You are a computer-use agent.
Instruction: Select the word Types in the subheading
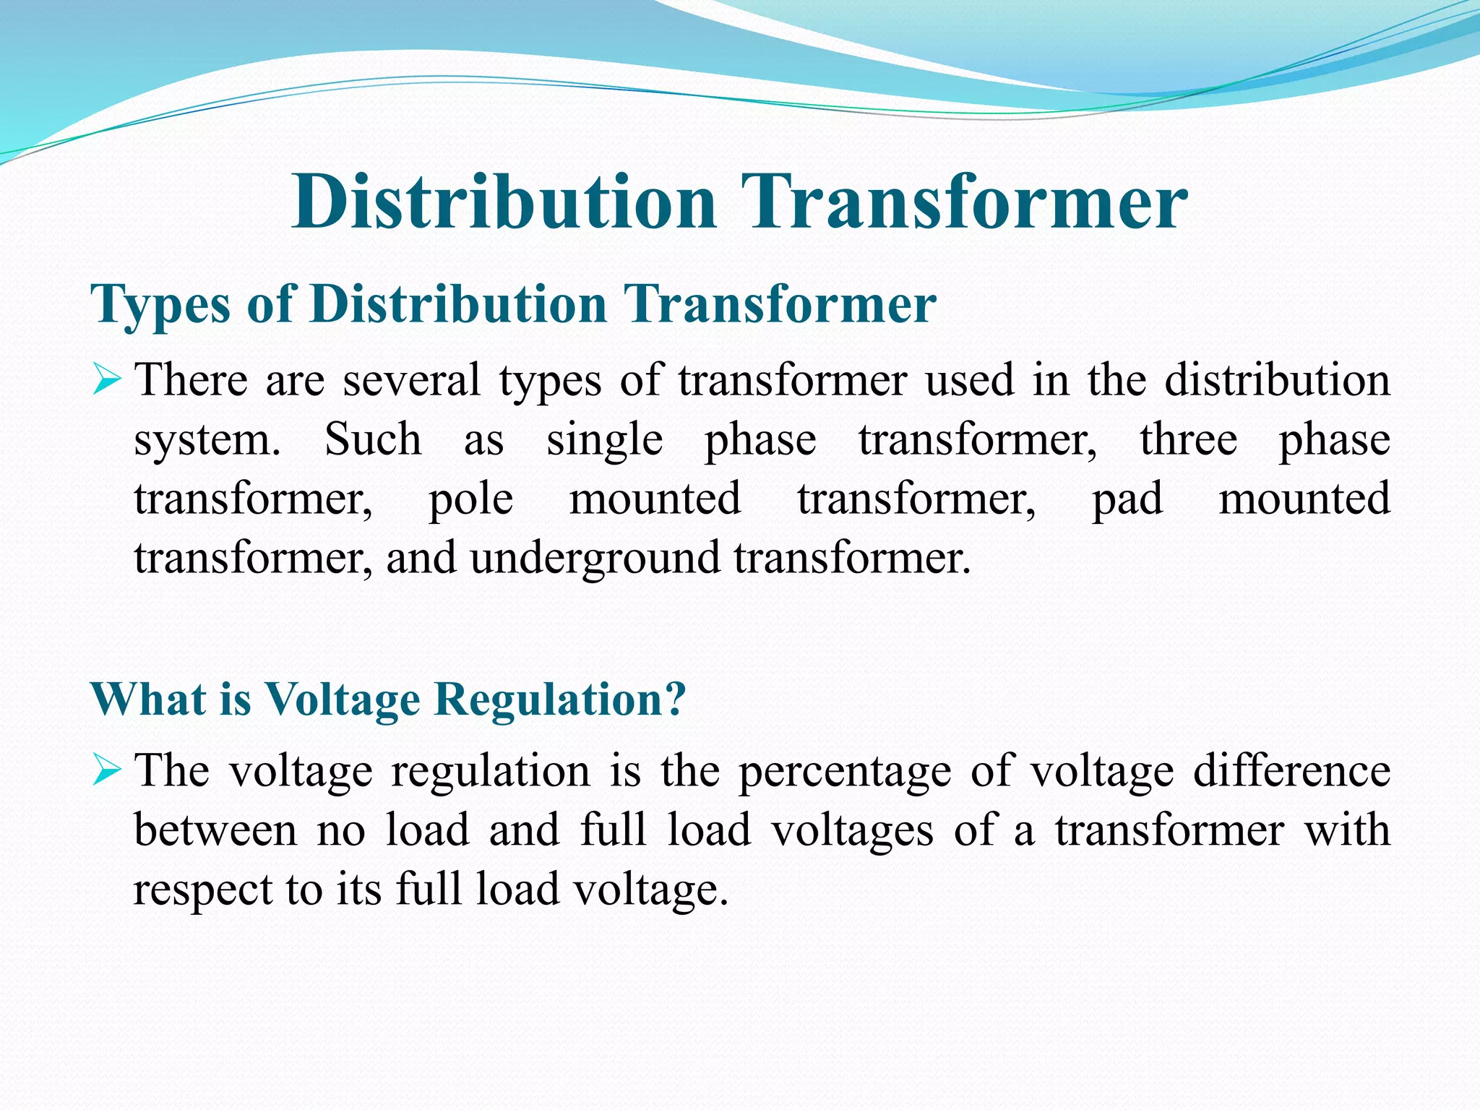pos(160,305)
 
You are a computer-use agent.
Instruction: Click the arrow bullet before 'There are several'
pos(106,380)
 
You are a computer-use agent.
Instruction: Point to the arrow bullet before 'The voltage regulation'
pos(106,771)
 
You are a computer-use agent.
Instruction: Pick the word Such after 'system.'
pos(373,439)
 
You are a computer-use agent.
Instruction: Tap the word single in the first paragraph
pos(604,441)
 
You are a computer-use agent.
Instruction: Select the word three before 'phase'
pos(1189,439)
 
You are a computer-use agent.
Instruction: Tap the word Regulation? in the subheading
pos(561,699)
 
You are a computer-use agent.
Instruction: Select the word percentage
pos(845,772)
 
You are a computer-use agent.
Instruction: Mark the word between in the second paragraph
pos(215,830)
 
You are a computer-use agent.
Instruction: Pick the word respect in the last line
pos(202,890)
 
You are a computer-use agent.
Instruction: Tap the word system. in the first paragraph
pos(207,441)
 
